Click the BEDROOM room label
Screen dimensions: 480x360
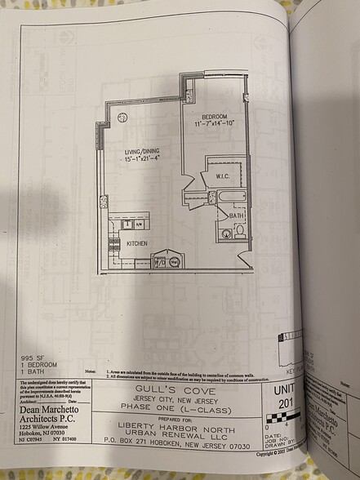[x=215, y=116]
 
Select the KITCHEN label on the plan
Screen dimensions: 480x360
[x=137, y=243]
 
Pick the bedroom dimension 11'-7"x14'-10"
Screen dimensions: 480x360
[x=215, y=124]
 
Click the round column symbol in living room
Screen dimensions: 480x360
[x=122, y=118]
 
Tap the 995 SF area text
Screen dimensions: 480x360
[x=33, y=358]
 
